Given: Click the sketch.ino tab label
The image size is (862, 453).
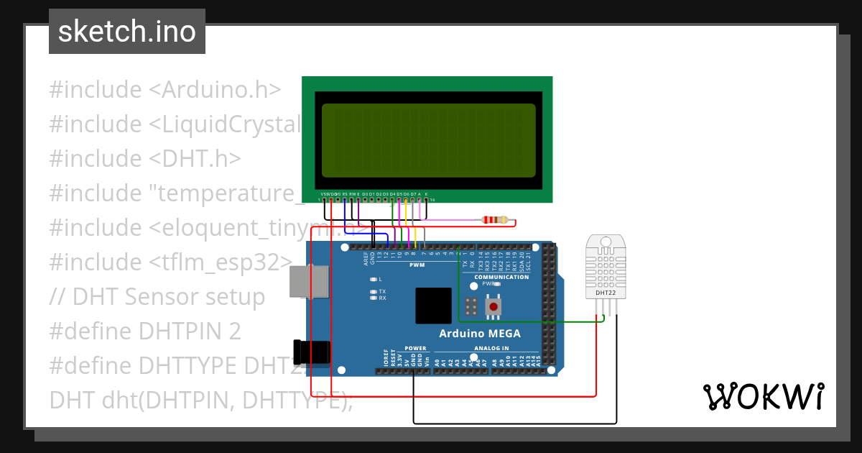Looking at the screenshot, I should click(x=127, y=32).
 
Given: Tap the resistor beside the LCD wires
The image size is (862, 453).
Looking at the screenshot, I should click(x=495, y=220).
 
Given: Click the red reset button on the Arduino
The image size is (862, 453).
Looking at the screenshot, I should click(x=493, y=307).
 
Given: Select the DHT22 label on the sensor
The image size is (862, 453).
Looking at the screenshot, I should click(x=605, y=293).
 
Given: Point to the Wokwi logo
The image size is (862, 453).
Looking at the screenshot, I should click(x=763, y=397).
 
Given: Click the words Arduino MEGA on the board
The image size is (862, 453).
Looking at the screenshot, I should click(x=480, y=334).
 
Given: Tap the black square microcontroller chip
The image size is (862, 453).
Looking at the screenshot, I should click(x=433, y=306).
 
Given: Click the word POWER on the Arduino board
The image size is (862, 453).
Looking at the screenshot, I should click(x=415, y=348).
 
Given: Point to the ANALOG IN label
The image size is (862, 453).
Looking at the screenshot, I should click(x=491, y=348).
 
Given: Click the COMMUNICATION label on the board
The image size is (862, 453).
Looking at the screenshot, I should click(x=501, y=277).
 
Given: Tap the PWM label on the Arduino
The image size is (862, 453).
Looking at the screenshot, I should click(x=417, y=265).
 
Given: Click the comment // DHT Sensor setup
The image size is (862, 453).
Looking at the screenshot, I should click(x=157, y=297).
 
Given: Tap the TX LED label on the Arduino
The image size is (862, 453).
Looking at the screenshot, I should click(x=382, y=292).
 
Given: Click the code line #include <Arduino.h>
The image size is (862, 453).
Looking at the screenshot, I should click(x=164, y=90).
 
